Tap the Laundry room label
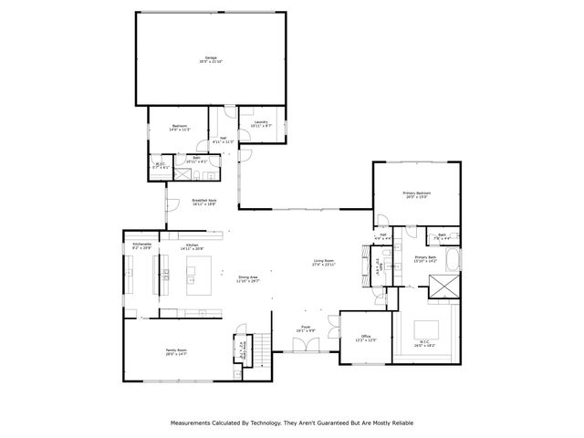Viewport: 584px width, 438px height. click(262, 123)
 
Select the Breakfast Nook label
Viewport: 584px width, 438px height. click(204, 203)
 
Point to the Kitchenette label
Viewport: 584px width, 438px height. click(142, 245)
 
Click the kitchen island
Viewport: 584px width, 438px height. click(199, 270)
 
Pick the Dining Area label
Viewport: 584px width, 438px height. click(248, 279)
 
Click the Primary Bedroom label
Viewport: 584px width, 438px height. click(417, 194)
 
